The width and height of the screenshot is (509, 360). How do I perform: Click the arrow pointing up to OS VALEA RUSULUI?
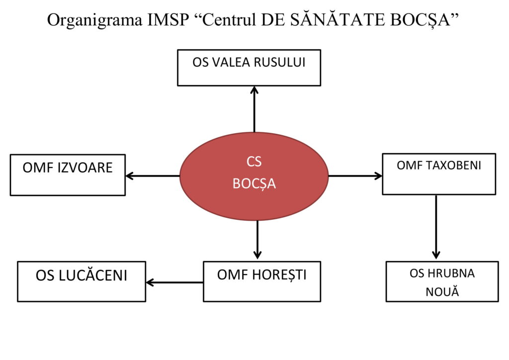[254, 109]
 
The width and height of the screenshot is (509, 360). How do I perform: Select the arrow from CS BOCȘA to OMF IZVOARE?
[152, 176]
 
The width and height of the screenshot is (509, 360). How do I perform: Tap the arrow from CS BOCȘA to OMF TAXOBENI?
[355, 176]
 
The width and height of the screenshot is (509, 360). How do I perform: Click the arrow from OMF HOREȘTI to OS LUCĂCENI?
[174, 282]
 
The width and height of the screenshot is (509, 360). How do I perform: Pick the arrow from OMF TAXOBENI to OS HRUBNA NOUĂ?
[436, 226]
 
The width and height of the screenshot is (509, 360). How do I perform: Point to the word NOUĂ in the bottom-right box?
[442, 291]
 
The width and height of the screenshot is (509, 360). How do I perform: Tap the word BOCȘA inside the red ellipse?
[254, 184]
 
